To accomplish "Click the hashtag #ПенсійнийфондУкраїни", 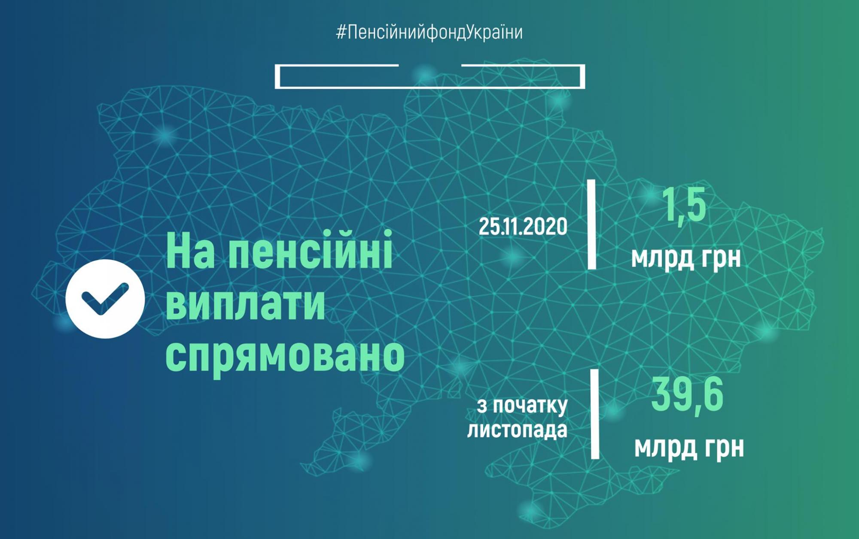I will [429, 33].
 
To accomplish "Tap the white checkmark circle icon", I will [105, 299].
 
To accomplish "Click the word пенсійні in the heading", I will [310, 251].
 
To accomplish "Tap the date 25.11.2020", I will [523, 226].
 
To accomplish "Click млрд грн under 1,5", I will [686, 258].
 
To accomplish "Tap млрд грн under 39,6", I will [689, 448].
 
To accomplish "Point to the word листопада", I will [517, 430].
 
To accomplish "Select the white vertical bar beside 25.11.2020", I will [592, 224].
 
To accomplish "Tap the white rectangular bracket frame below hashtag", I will [429, 87].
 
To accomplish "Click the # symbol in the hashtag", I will [341, 33].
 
